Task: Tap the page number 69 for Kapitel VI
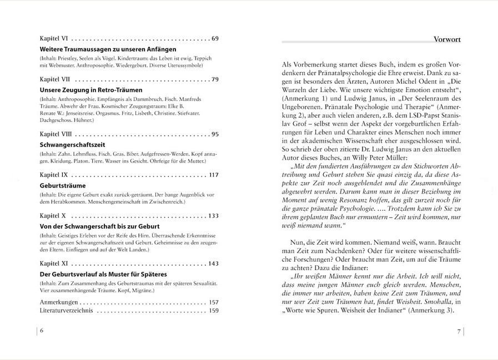[215, 39]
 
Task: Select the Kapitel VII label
[57, 79]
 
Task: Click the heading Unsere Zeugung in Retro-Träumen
[91, 89]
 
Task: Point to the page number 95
[215, 134]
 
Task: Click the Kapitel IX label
[54, 175]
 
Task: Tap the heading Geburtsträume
[63, 185]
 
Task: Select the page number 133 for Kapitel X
[213, 215]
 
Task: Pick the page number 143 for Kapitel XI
[213, 263]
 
